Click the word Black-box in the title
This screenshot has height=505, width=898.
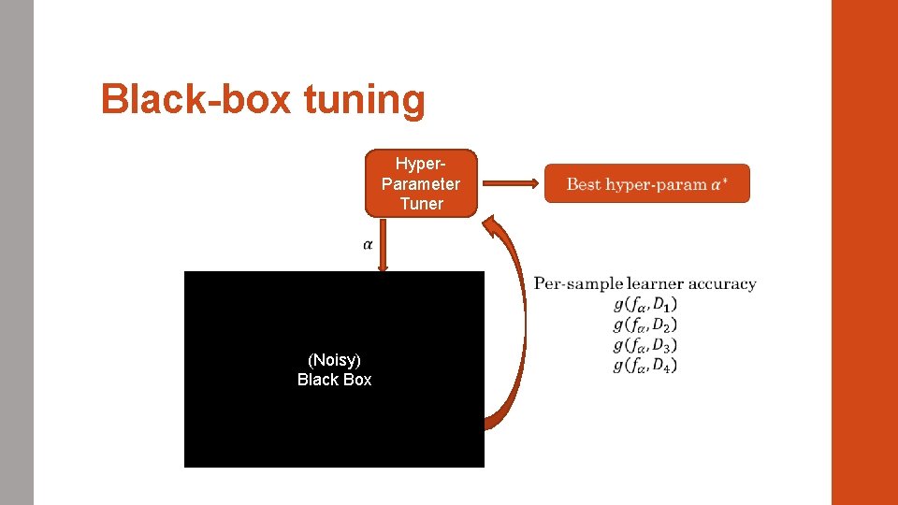pos(196,99)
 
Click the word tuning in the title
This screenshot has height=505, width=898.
pos(364,99)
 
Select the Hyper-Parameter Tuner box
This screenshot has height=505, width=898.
pos(421,183)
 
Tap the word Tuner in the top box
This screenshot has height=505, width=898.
pos(421,204)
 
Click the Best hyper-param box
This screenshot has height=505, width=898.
pos(646,184)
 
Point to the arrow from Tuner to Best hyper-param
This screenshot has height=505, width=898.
pos(510,183)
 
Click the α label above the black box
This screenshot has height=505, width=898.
pos(368,244)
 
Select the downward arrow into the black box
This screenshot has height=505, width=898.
pos(384,249)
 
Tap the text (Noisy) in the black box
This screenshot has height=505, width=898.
pos(334,360)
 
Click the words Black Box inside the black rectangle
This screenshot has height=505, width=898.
pos(334,380)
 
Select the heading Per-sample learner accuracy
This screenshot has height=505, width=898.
pos(645,283)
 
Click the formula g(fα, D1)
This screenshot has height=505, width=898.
pos(645,305)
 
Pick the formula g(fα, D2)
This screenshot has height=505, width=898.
pos(645,325)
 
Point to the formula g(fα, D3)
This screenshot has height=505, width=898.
pos(645,345)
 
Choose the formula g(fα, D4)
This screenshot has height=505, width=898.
pos(645,365)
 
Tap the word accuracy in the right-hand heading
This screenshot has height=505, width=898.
pos(723,283)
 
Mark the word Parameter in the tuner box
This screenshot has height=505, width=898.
pos(421,183)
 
